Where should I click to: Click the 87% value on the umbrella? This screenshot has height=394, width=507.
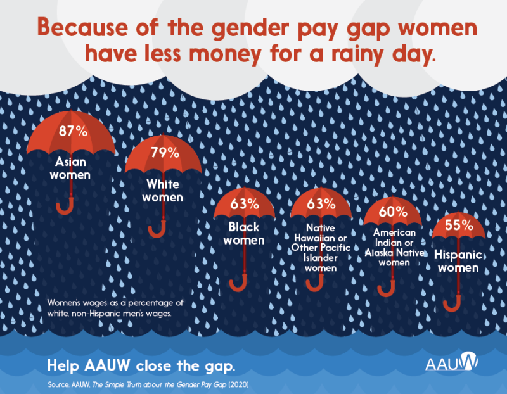(73, 132)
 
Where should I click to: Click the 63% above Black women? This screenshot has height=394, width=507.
(244, 204)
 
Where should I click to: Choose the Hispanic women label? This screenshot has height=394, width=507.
(458, 262)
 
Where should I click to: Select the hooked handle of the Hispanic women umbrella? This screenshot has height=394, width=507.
(452, 303)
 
